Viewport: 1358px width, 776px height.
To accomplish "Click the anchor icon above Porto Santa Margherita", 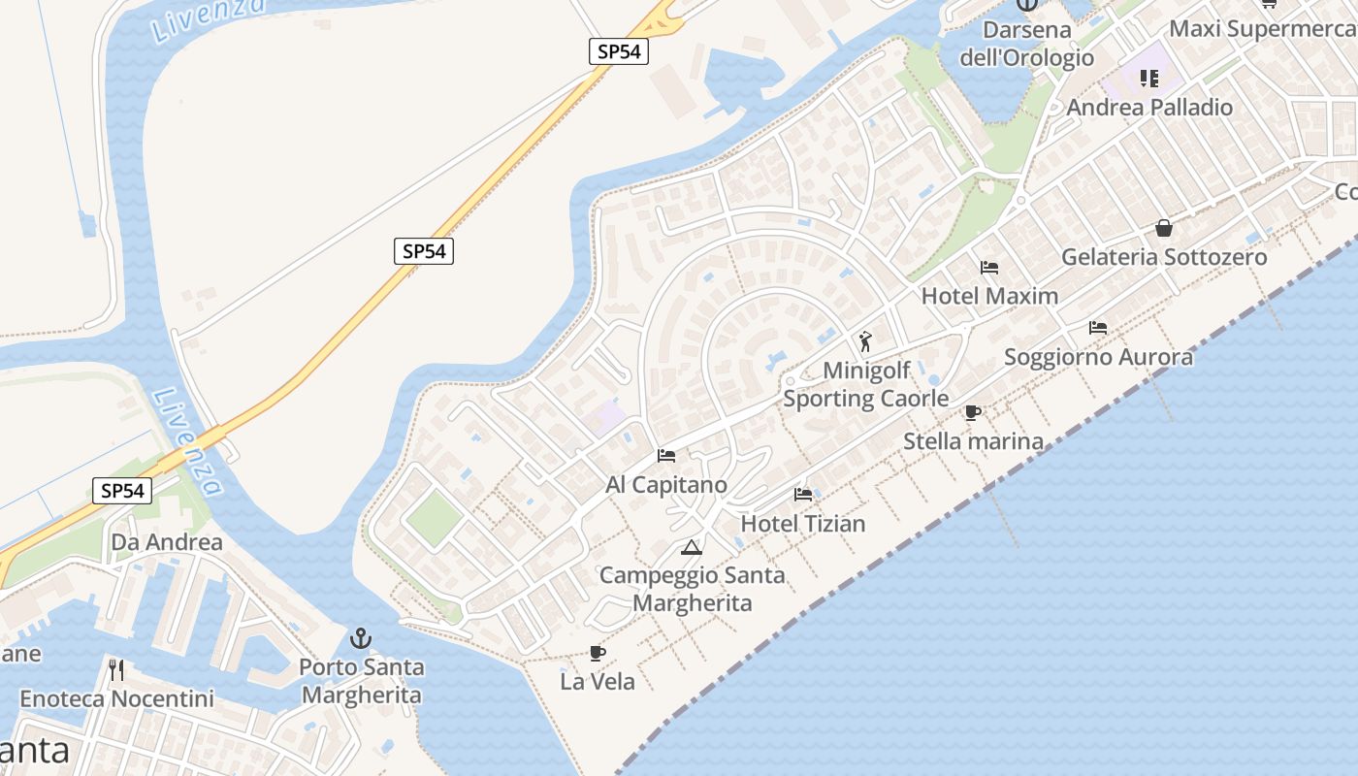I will pyautogui.click(x=361, y=638).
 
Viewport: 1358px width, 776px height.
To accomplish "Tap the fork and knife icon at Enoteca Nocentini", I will pyautogui.click(x=116, y=669).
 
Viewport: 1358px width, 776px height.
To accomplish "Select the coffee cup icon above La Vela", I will pyautogui.click(x=598, y=653).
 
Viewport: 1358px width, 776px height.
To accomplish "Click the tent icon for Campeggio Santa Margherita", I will pyautogui.click(x=691, y=547).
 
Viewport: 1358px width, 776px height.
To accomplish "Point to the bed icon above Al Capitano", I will pyautogui.click(x=666, y=455).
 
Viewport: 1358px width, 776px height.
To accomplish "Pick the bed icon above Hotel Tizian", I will pyautogui.click(x=803, y=494).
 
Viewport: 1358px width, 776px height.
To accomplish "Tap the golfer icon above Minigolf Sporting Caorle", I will pyautogui.click(x=865, y=341).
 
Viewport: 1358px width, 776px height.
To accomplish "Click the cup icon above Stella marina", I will pyautogui.click(x=973, y=413).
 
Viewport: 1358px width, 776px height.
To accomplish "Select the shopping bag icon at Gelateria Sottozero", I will pyautogui.click(x=1164, y=229).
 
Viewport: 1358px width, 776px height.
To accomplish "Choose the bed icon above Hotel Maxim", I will pyautogui.click(x=989, y=267).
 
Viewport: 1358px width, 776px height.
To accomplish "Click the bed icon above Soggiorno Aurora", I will pyautogui.click(x=1098, y=328).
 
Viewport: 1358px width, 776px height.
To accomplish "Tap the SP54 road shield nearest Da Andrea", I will pyautogui.click(x=123, y=491).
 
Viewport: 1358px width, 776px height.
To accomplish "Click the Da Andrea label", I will pyautogui.click(x=167, y=542).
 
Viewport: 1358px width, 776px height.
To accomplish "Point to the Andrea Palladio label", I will pyautogui.click(x=1149, y=108).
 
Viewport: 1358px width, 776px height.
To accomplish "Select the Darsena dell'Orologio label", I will pyautogui.click(x=1027, y=44).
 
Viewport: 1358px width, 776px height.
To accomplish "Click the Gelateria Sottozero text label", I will pyautogui.click(x=1164, y=257).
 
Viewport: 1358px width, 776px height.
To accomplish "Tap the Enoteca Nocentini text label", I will pyautogui.click(x=116, y=698).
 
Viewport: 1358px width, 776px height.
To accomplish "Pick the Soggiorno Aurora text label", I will pyautogui.click(x=1098, y=357).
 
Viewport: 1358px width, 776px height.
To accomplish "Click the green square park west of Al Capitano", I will pyautogui.click(x=434, y=518).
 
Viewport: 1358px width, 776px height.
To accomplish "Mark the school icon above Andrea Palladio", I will pyautogui.click(x=1149, y=79).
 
